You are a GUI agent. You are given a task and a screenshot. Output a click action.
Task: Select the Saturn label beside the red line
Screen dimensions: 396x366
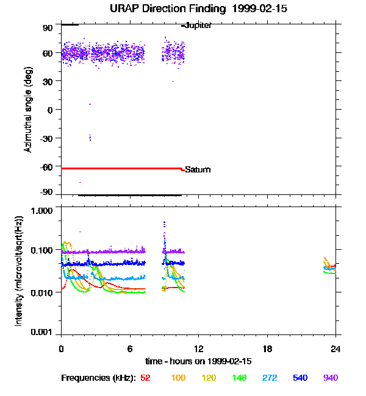coord(198,169)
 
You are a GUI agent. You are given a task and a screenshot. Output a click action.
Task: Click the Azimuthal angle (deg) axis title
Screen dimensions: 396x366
coord(28,110)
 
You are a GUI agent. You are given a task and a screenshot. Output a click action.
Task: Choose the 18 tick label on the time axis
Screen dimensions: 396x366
coord(267,349)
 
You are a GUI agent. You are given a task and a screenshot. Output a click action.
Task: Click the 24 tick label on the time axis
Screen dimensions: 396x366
coord(335,349)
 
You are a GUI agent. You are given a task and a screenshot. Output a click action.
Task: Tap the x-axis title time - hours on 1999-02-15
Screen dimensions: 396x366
coord(198,361)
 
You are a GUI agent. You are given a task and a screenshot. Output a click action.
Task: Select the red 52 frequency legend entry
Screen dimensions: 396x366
coord(145,378)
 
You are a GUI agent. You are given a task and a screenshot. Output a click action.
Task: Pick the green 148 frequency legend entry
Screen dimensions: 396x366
coord(240,378)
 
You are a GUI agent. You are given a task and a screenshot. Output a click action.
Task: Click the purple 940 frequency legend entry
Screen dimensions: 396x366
coord(331,378)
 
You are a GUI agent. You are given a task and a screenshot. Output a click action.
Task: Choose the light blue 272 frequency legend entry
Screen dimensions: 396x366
coord(270,378)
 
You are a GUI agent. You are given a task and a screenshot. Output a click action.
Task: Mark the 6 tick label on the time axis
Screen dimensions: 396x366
coord(130,349)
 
